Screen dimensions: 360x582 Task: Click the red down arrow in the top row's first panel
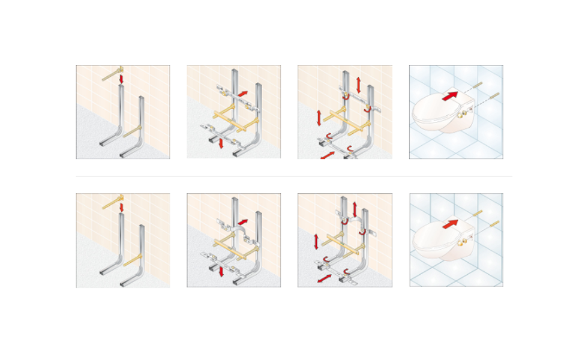click(x=121, y=79)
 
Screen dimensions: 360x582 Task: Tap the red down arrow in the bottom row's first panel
click(x=121, y=207)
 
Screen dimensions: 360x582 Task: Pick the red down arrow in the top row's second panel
click(x=221, y=142)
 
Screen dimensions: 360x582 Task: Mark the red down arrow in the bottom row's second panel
click(x=221, y=271)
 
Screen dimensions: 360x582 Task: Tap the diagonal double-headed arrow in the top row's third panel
click(x=328, y=155)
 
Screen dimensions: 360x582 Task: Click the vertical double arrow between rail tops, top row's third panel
click(x=359, y=85)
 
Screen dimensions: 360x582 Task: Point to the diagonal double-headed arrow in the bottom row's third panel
click(x=325, y=280)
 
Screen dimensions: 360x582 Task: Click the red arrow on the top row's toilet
click(x=450, y=95)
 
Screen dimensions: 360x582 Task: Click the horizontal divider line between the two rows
click(x=294, y=176)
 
